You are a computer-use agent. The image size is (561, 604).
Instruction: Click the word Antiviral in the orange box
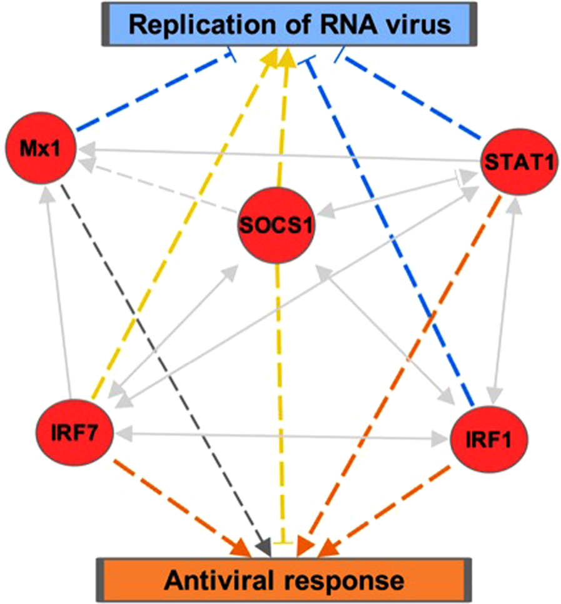click(x=209, y=581)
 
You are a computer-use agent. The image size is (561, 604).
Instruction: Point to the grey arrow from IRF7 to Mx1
click(x=51, y=288)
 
